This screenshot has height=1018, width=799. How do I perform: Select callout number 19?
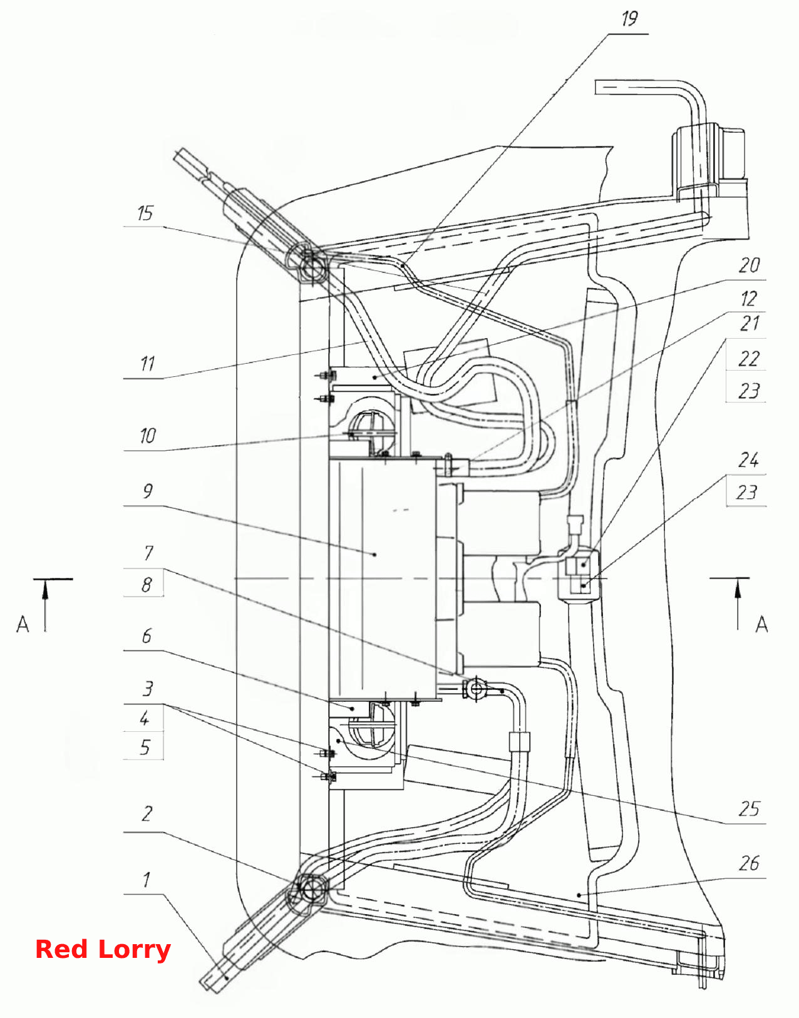point(630,19)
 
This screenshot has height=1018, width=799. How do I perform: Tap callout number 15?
point(145,213)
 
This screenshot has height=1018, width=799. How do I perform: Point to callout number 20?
point(749,265)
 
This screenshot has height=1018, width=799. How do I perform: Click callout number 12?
point(749,299)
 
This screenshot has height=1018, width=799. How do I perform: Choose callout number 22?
point(749,359)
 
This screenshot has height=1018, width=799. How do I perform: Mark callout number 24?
point(748,461)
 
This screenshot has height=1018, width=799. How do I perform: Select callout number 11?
point(148,364)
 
